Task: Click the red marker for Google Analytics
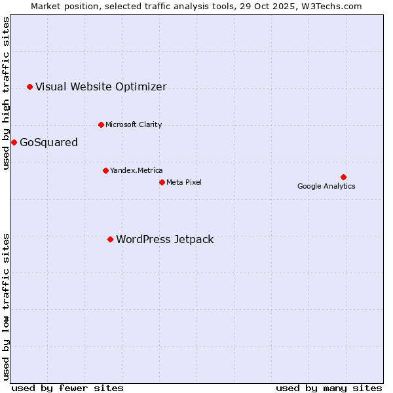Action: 343,177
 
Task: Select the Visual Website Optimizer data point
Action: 29,86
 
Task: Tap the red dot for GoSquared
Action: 14,142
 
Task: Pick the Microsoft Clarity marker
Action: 101,124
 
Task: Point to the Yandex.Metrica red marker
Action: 105,170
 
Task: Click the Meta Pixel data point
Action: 162,182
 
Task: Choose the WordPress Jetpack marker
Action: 110,239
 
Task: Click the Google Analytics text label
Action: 326,186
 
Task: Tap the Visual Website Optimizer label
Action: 101,86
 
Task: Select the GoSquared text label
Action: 48,142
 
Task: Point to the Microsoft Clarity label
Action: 134,124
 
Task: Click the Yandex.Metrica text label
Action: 136,170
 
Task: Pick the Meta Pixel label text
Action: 184,182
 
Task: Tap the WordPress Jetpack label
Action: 165,239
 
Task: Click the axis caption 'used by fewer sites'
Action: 67,388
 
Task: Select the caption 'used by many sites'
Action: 329,388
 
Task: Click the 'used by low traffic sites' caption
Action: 6,307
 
